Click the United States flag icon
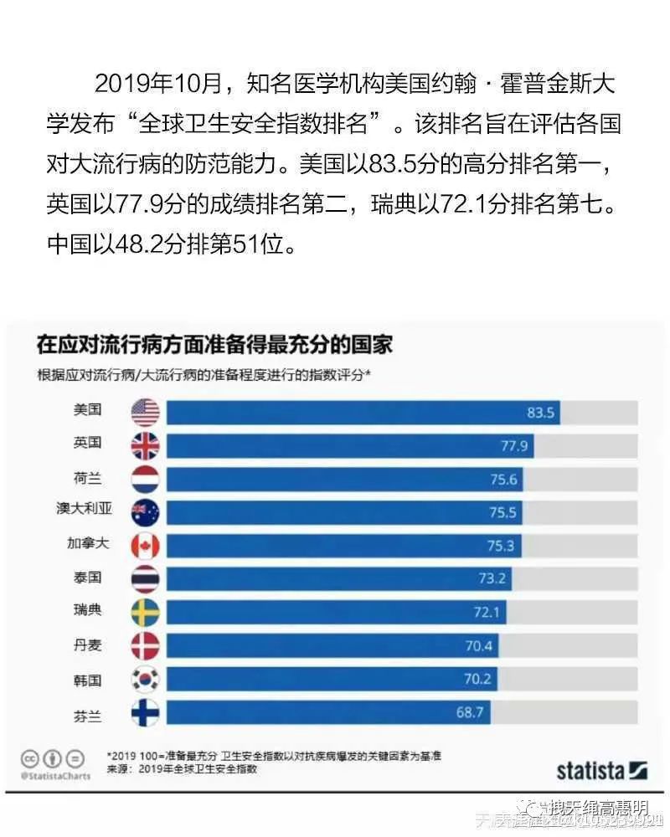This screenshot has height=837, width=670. [145, 412]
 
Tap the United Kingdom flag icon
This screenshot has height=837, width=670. [145, 445]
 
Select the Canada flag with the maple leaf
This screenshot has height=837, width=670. [145, 545]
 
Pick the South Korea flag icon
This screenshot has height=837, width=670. [145, 679]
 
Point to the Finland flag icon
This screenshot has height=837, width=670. [145, 712]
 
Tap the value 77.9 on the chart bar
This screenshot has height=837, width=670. [514, 446]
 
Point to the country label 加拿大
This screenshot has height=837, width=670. [87, 545]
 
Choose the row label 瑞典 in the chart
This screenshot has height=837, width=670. [87, 612]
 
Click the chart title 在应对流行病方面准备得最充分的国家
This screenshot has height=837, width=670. [214, 344]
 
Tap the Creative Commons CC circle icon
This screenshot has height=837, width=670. [29, 758]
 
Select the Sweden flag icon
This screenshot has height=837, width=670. [145, 612]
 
